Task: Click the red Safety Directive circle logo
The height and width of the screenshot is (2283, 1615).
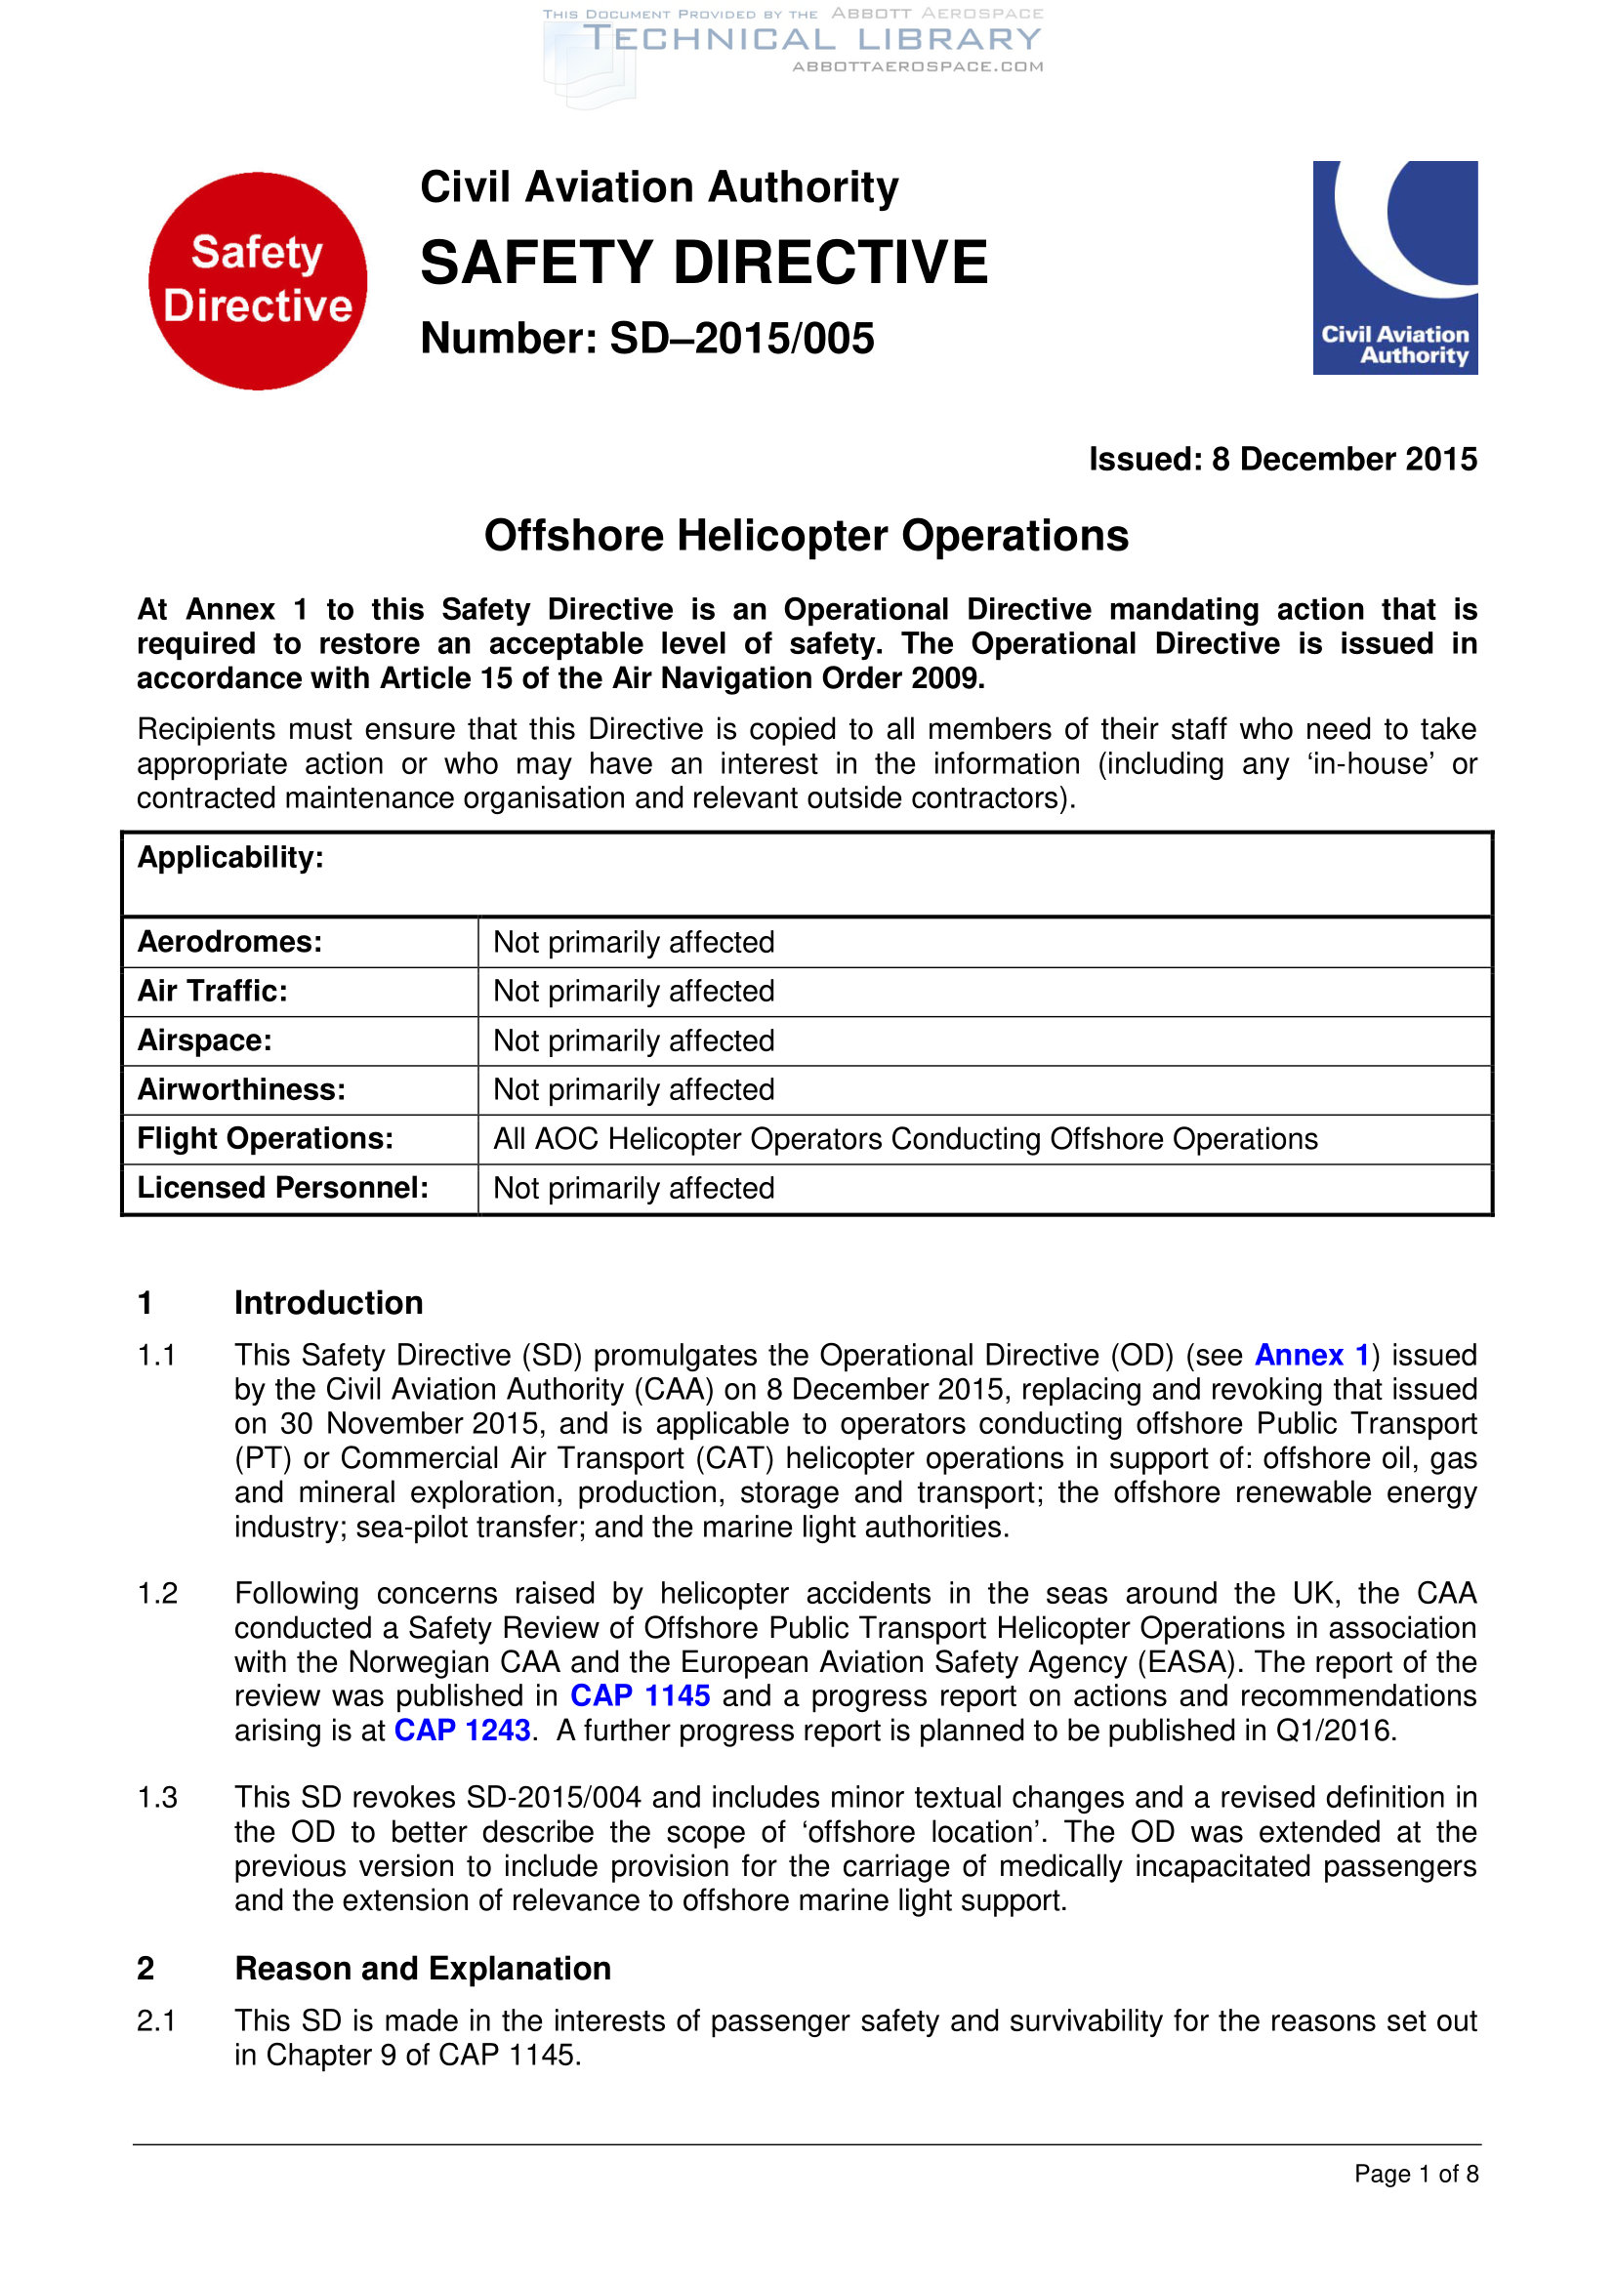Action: pyautogui.click(x=258, y=280)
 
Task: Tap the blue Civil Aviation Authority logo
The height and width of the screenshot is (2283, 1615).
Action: pyautogui.click(x=1394, y=267)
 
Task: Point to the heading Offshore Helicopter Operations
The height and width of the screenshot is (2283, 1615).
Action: pyautogui.click(x=806, y=536)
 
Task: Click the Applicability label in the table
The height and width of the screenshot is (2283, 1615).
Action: pyautogui.click(x=230, y=858)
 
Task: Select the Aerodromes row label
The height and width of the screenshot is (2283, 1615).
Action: pyautogui.click(x=229, y=942)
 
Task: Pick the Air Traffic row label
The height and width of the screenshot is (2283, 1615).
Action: pyautogui.click(x=212, y=992)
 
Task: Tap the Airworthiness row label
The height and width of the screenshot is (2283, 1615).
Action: pyautogui.click(x=241, y=1090)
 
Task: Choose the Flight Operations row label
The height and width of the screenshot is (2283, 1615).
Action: pyautogui.click(x=266, y=1138)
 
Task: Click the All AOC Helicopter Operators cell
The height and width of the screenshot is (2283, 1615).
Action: pyautogui.click(x=905, y=1139)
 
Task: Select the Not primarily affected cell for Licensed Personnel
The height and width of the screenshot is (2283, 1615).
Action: pyautogui.click(x=634, y=1188)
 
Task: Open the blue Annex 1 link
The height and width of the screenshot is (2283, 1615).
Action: pyautogui.click(x=1311, y=1356)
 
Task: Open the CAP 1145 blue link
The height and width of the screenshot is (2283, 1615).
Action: pyautogui.click(x=640, y=1695)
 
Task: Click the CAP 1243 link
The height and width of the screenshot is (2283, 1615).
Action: pyautogui.click(x=463, y=1731)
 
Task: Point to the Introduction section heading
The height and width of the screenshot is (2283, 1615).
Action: pyautogui.click(x=328, y=1303)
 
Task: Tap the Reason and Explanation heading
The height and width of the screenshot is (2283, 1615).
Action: pyautogui.click(x=423, y=1968)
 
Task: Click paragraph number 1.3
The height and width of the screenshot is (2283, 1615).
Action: pyautogui.click(x=157, y=1798)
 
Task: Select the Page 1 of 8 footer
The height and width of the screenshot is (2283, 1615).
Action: pyautogui.click(x=1415, y=2174)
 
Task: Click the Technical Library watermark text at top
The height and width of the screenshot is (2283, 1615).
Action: pyautogui.click(x=810, y=40)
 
